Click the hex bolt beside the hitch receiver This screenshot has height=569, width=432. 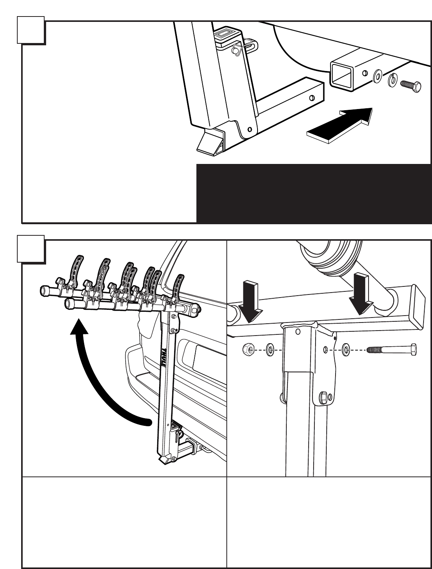tap(410, 86)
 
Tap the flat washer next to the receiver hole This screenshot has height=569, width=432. tap(377, 76)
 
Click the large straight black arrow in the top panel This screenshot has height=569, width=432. tap(340, 125)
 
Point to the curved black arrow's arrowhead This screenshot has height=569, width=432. tap(79, 326)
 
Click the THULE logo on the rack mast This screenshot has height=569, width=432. tap(164, 357)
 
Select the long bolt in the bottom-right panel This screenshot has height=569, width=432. tap(392, 349)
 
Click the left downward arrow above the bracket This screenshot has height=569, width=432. tap(250, 302)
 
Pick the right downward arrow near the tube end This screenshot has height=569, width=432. tap(361, 294)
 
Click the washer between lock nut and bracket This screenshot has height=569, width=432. tap(270, 350)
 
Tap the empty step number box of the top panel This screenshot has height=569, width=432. tap(31, 30)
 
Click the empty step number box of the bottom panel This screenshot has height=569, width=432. tap(31, 249)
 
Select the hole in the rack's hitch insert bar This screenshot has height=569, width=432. tap(312, 98)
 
